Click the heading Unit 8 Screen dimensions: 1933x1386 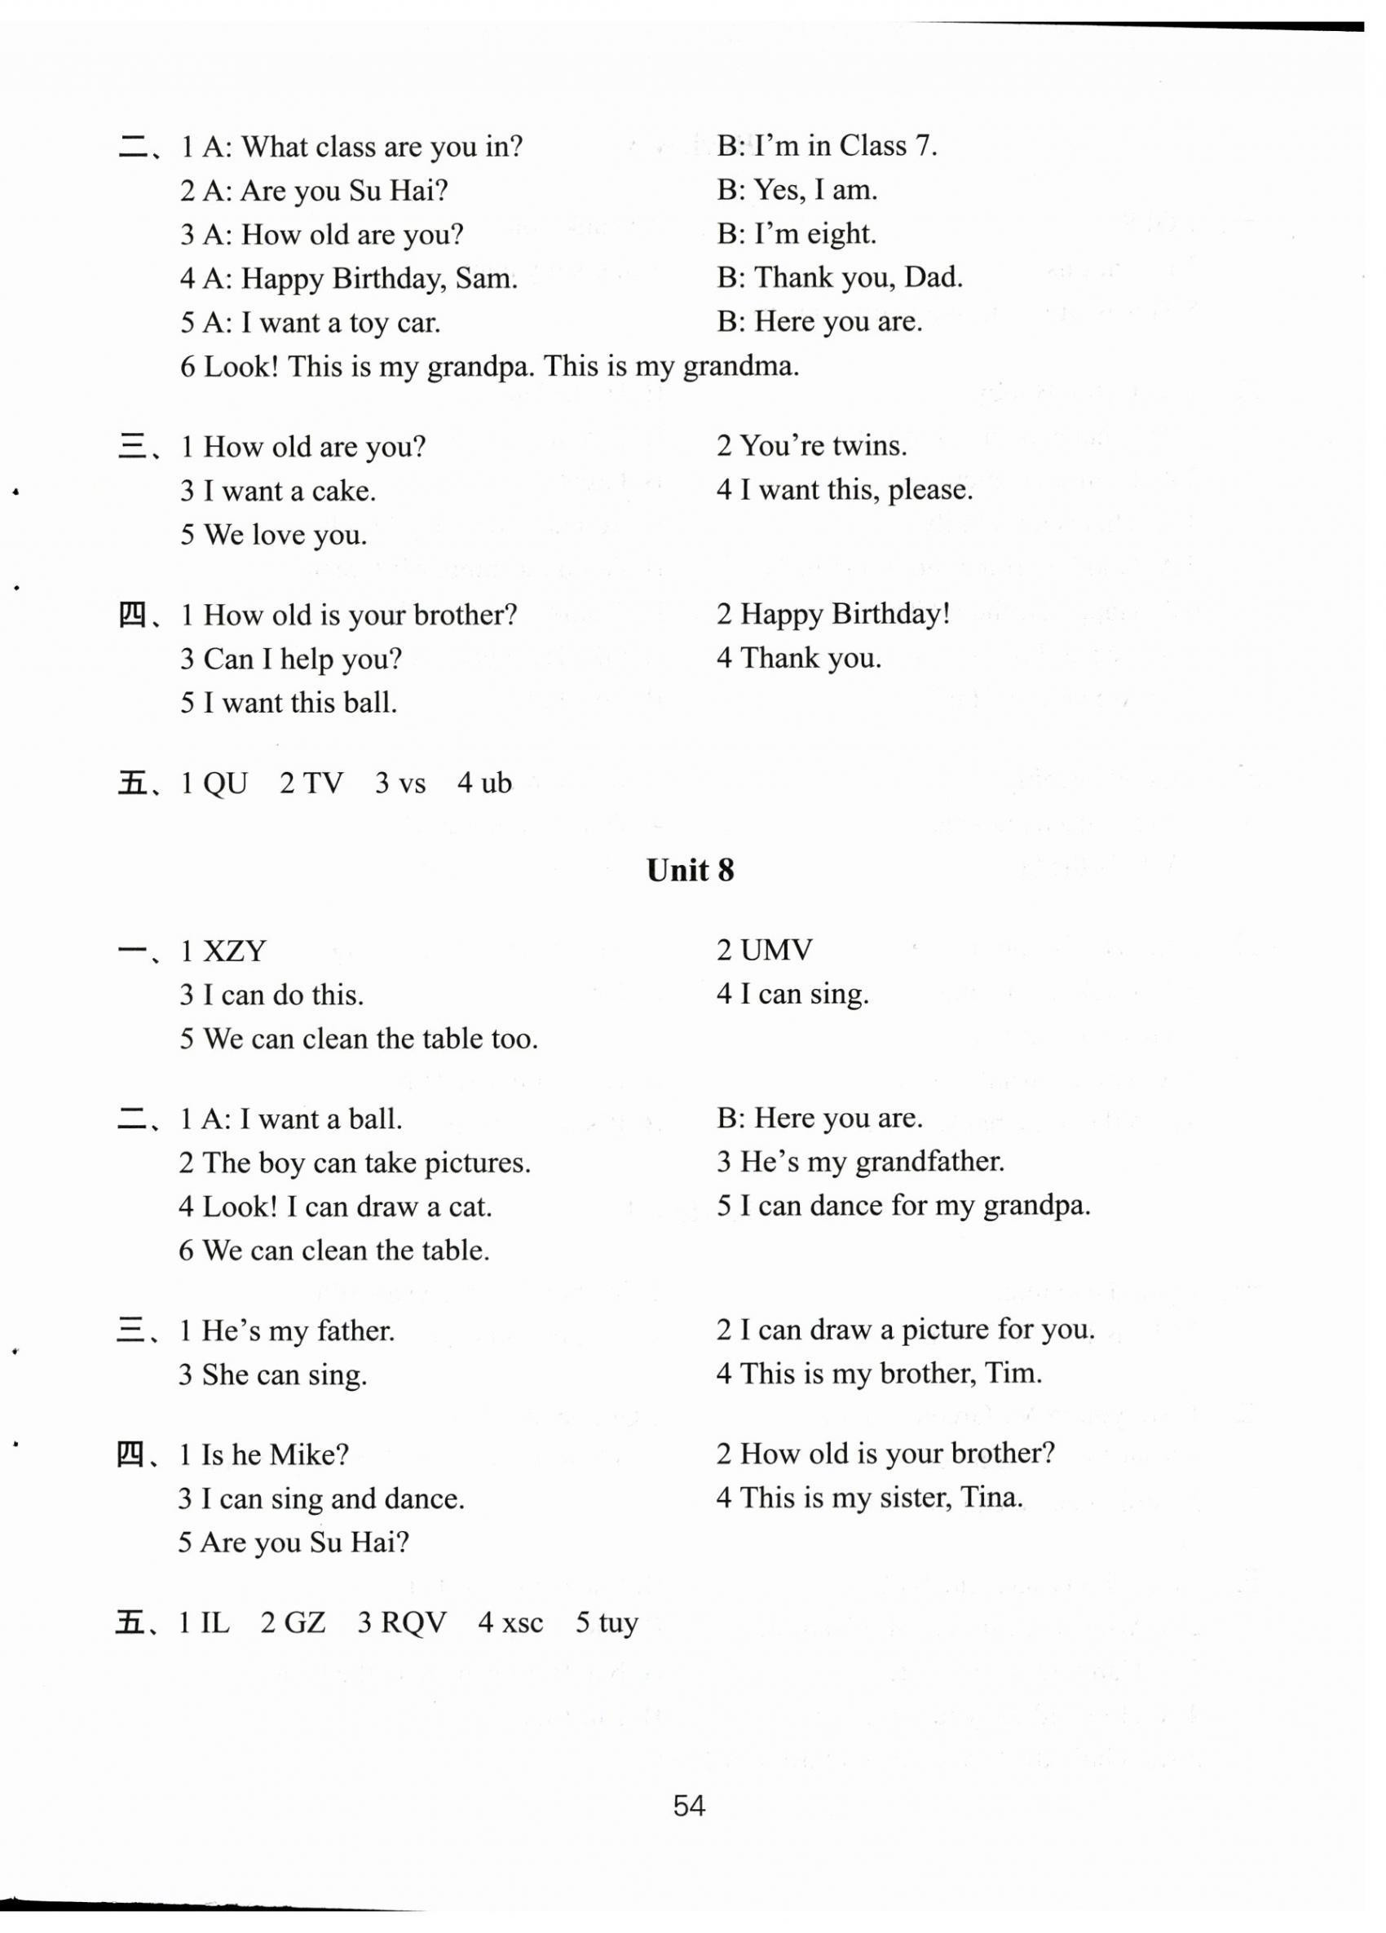coord(690,870)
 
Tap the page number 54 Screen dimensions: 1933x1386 coord(689,1805)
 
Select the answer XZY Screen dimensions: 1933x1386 coord(235,951)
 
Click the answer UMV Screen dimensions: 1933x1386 coord(776,950)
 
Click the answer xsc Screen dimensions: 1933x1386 coord(523,1622)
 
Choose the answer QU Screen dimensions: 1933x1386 coord(225,783)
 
